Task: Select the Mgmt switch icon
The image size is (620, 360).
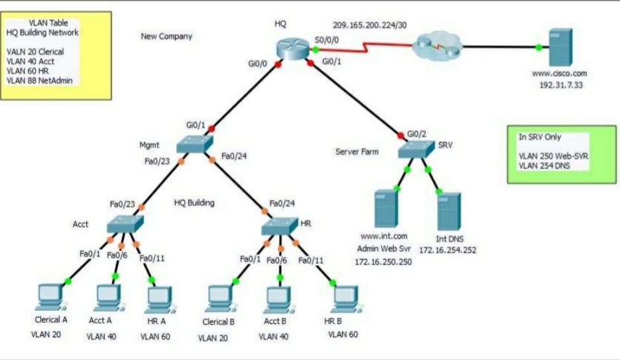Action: [x=196, y=143]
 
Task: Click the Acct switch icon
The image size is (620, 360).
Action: [x=124, y=224]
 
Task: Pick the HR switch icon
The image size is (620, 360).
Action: [x=280, y=227]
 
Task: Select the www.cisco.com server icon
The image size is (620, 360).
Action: [x=560, y=47]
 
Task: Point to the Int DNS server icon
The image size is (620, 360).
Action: [x=449, y=210]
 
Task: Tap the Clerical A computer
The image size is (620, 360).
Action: [x=50, y=297]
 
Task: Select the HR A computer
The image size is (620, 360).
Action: [x=158, y=299]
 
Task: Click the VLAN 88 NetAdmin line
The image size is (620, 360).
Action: [x=40, y=80]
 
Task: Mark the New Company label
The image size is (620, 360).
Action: [x=166, y=36]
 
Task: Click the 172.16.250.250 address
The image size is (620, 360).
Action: [x=383, y=262]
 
